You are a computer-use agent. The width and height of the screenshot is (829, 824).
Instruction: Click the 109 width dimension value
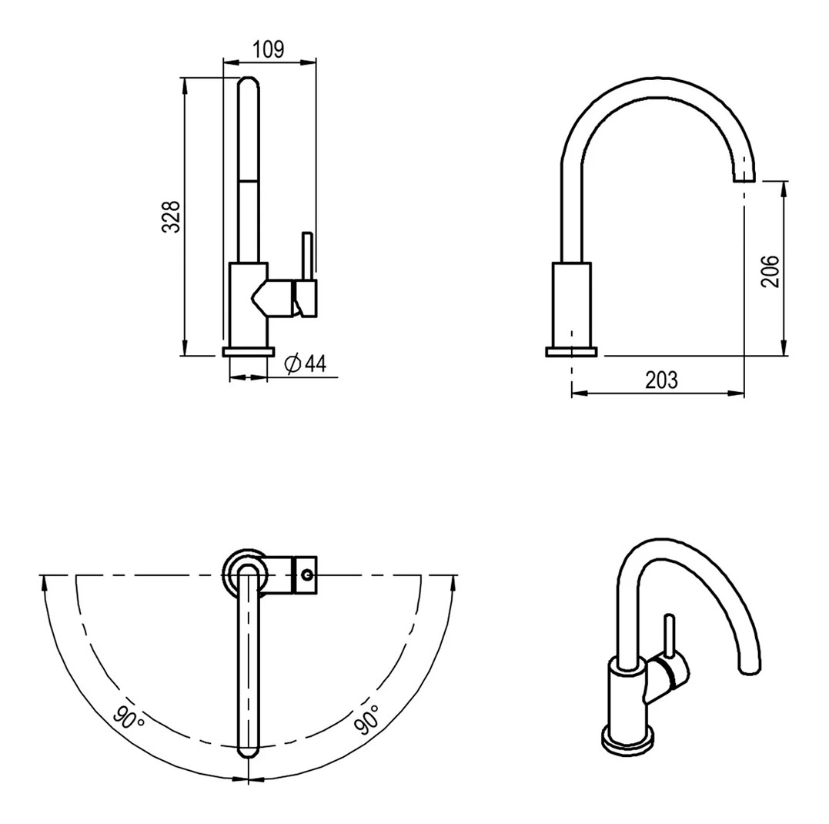click(x=268, y=49)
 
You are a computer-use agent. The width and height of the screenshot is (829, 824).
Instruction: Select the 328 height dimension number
click(x=172, y=216)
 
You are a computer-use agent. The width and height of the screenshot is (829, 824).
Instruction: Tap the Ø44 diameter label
click(x=306, y=363)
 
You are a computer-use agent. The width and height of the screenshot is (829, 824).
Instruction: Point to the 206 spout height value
click(x=770, y=271)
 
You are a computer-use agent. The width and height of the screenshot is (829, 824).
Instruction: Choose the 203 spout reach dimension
click(x=661, y=380)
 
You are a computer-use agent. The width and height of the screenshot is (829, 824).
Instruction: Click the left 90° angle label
click(x=129, y=718)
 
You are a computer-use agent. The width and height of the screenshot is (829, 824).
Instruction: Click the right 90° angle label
click(x=368, y=719)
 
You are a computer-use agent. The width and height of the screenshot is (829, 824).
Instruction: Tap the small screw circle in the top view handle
click(x=306, y=574)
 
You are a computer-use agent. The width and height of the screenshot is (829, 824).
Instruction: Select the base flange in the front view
click(x=249, y=352)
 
